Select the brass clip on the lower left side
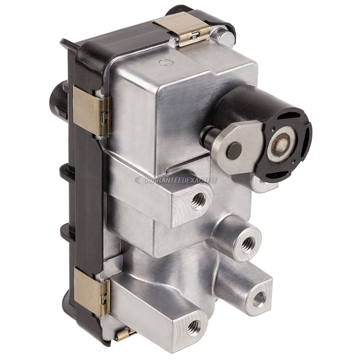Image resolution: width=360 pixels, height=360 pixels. click(x=91, y=292)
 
